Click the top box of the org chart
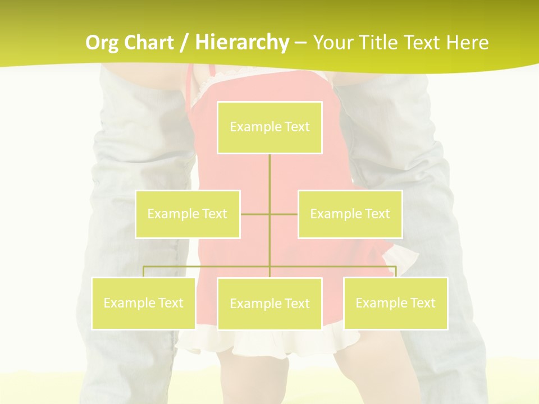pyautogui.click(x=269, y=127)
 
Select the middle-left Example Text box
pyautogui.click(x=188, y=214)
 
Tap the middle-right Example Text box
pyautogui.click(x=350, y=214)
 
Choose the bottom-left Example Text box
pyautogui.click(x=143, y=303)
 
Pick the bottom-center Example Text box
pyautogui.click(x=269, y=304)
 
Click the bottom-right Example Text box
pyautogui.click(x=395, y=303)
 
